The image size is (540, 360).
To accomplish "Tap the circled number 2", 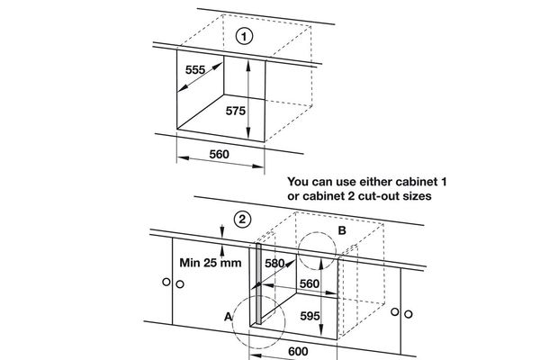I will [241, 219].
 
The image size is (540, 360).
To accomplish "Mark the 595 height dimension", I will [310, 317].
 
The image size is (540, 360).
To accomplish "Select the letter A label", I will [228, 318].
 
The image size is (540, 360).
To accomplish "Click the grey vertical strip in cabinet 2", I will [258, 283].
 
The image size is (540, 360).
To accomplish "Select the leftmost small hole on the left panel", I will [167, 284].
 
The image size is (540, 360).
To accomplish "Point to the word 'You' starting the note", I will [299, 181].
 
